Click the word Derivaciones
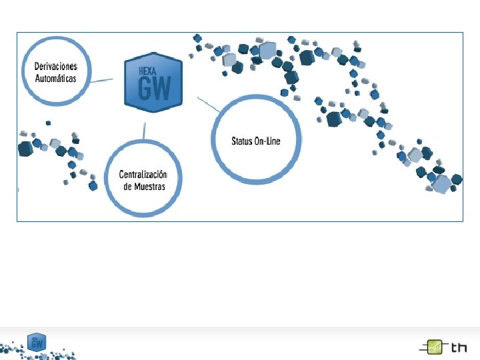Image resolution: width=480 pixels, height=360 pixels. tap(55, 67)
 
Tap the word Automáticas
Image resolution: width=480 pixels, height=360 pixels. tap(55, 78)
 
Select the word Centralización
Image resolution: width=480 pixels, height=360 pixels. tap(143, 175)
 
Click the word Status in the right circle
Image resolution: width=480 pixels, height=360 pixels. tap(243, 141)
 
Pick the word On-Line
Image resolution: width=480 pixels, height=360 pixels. tap(268, 141)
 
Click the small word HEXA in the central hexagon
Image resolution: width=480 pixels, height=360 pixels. tap(148, 69)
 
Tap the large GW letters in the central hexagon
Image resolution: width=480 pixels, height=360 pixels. tap(154, 87)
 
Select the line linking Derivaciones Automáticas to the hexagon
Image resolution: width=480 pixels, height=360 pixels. tap(102, 81)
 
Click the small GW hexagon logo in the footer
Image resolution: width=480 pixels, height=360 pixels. tap(37, 341)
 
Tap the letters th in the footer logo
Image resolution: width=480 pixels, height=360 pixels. tap(459, 347)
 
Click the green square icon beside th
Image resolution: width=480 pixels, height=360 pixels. tap(434, 347)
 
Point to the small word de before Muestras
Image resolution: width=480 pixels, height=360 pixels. tap(128, 186)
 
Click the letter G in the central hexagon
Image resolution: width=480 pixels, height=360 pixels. tap(146, 87)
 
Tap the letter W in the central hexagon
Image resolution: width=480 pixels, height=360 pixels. tap(162, 87)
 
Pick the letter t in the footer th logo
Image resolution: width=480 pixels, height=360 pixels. tap(454, 347)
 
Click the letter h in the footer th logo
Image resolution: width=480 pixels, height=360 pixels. tap(463, 347)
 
